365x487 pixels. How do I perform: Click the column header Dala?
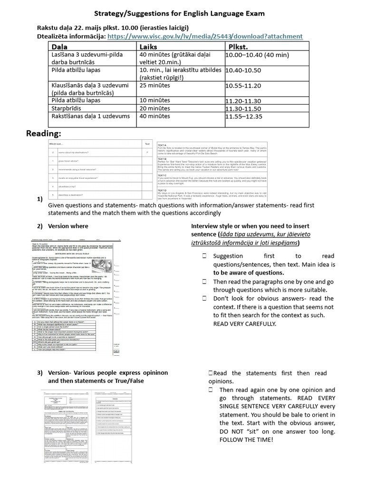[59, 47]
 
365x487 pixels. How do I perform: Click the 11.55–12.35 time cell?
[244, 116]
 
